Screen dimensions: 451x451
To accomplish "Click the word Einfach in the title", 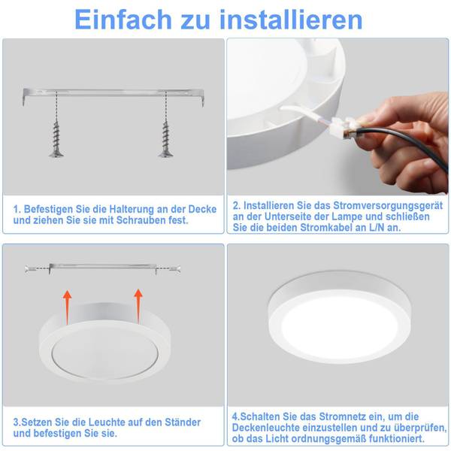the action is (123, 20).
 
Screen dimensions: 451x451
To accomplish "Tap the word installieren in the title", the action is (291, 20).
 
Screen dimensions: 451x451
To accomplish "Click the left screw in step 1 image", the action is (56, 139).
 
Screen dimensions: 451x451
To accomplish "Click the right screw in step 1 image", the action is (166, 139).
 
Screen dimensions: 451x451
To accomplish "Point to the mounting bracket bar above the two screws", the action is (114, 94).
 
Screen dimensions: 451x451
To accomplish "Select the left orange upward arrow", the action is (68, 307).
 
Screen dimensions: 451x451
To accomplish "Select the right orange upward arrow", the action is (138, 306).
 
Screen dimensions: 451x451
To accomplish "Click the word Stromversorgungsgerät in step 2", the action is (389, 206).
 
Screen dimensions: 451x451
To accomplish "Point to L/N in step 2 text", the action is (377, 228).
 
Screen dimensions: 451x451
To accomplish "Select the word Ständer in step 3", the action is (183, 422).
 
